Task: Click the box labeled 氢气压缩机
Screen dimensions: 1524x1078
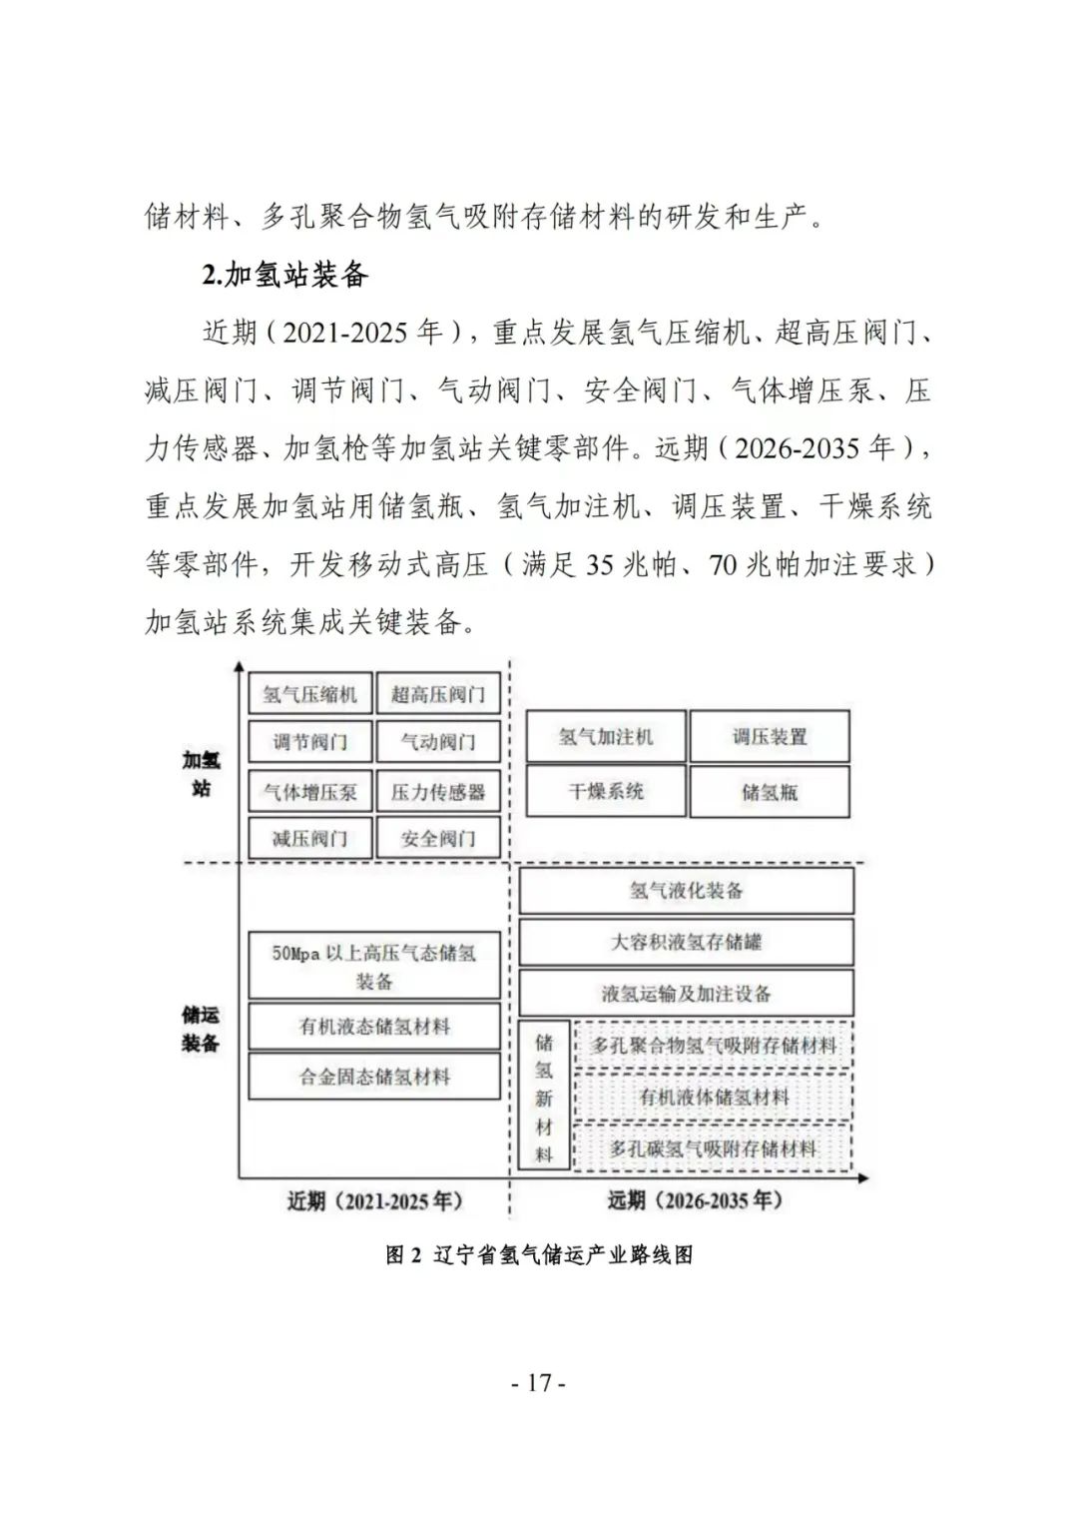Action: coord(309,693)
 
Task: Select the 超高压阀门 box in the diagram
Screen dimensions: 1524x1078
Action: coord(437,693)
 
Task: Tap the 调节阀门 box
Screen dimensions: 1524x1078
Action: coord(309,742)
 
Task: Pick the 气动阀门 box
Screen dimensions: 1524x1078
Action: coord(437,742)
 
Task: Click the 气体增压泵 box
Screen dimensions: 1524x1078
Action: coord(309,792)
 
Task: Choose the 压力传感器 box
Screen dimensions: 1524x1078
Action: coord(437,792)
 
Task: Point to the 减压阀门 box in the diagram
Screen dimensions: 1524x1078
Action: coord(309,838)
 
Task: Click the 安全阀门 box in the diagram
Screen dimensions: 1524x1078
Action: coord(437,838)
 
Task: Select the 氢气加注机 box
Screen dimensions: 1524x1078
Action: coord(606,737)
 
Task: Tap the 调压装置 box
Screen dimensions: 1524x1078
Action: coord(769,737)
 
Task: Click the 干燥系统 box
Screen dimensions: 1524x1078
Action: coord(606,792)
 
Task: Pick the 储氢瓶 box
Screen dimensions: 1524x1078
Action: coord(769,792)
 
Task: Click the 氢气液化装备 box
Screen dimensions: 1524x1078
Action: coord(686,890)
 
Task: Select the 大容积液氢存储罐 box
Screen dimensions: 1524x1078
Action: coord(686,942)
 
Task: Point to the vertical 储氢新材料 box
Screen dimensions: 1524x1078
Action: coord(544,1096)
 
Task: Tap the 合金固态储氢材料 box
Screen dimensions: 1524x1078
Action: coord(374,1078)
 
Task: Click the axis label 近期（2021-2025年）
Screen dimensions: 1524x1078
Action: coord(375,1200)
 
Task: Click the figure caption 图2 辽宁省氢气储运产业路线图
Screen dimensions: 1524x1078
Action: coord(539,1255)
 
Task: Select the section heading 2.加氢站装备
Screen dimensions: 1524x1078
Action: coord(285,275)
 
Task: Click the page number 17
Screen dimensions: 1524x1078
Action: coord(539,1383)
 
